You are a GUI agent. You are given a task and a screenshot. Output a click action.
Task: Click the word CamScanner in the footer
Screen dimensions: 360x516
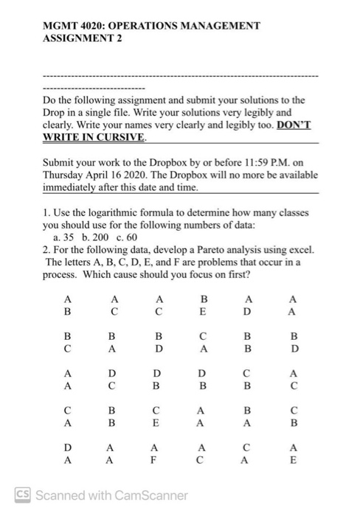150,495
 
